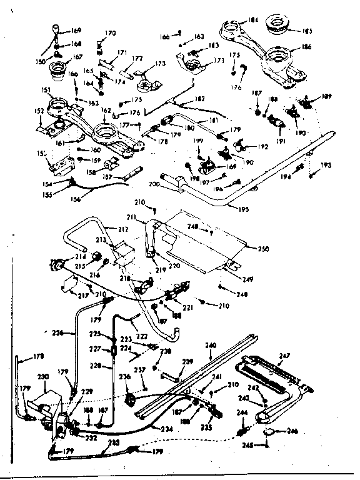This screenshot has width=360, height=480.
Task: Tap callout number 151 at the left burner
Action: [45, 90]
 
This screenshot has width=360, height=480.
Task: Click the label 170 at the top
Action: [110, 33]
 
